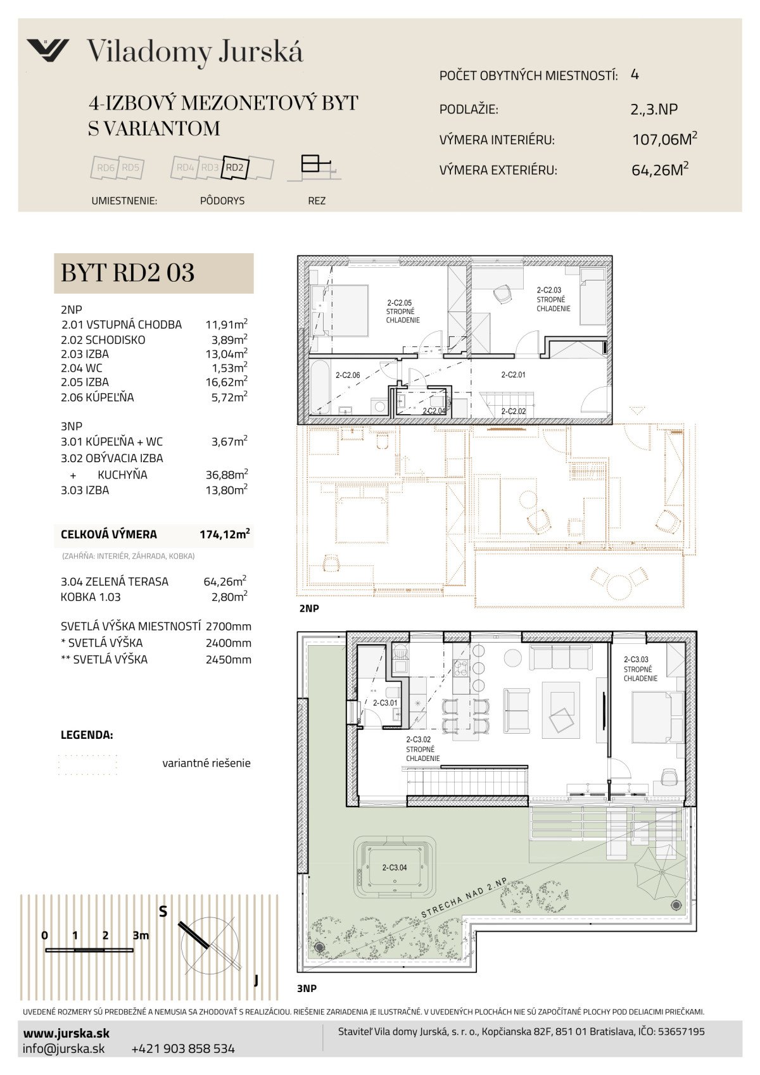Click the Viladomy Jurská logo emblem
(47, 50)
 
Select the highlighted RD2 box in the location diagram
(235, 168)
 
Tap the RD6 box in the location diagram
(105, 168)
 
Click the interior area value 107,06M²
(664, 139)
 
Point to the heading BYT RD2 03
(128, 273)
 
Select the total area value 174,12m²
(225, 534)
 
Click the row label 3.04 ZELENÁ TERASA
(115, 582)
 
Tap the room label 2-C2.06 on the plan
(348, 375)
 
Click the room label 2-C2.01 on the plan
(513, 375)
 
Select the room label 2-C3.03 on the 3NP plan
(636, 660)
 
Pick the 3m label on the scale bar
(141, 935)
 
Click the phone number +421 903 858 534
(183, 1048)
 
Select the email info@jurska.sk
(64, 1048)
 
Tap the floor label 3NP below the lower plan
(307, 988)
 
